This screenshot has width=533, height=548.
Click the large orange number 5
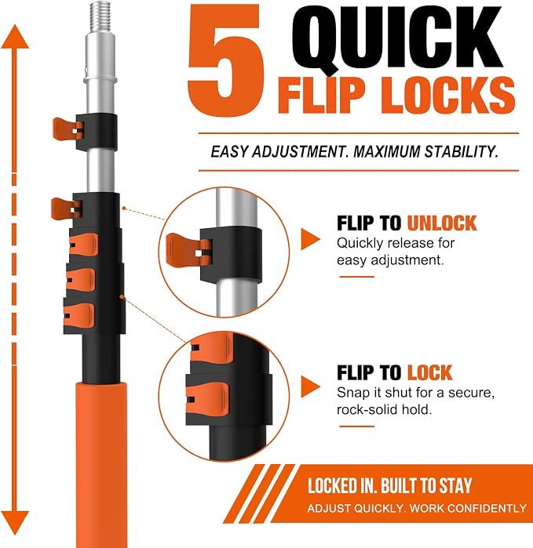225,60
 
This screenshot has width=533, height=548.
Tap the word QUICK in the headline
397,38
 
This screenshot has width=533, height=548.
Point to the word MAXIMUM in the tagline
386,151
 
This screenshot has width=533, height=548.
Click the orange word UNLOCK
442,223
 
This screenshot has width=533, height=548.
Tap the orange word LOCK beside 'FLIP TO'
429,372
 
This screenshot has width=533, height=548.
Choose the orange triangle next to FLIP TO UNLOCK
310,239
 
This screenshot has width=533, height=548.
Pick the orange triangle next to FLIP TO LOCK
310,387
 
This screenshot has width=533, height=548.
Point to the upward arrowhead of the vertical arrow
15,36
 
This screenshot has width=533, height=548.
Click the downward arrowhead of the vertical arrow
15,523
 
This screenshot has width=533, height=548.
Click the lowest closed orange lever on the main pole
79,315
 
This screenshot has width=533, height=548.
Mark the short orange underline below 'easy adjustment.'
356,277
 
